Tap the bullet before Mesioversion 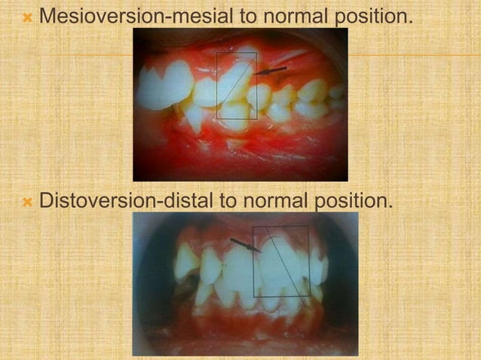coord(27,15)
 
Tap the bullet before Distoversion coord(27,202)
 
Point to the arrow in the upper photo coord(271,71)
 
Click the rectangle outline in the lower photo coord(253,260)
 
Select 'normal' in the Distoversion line coord(265,201)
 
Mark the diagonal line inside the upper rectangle coord(237,83)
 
